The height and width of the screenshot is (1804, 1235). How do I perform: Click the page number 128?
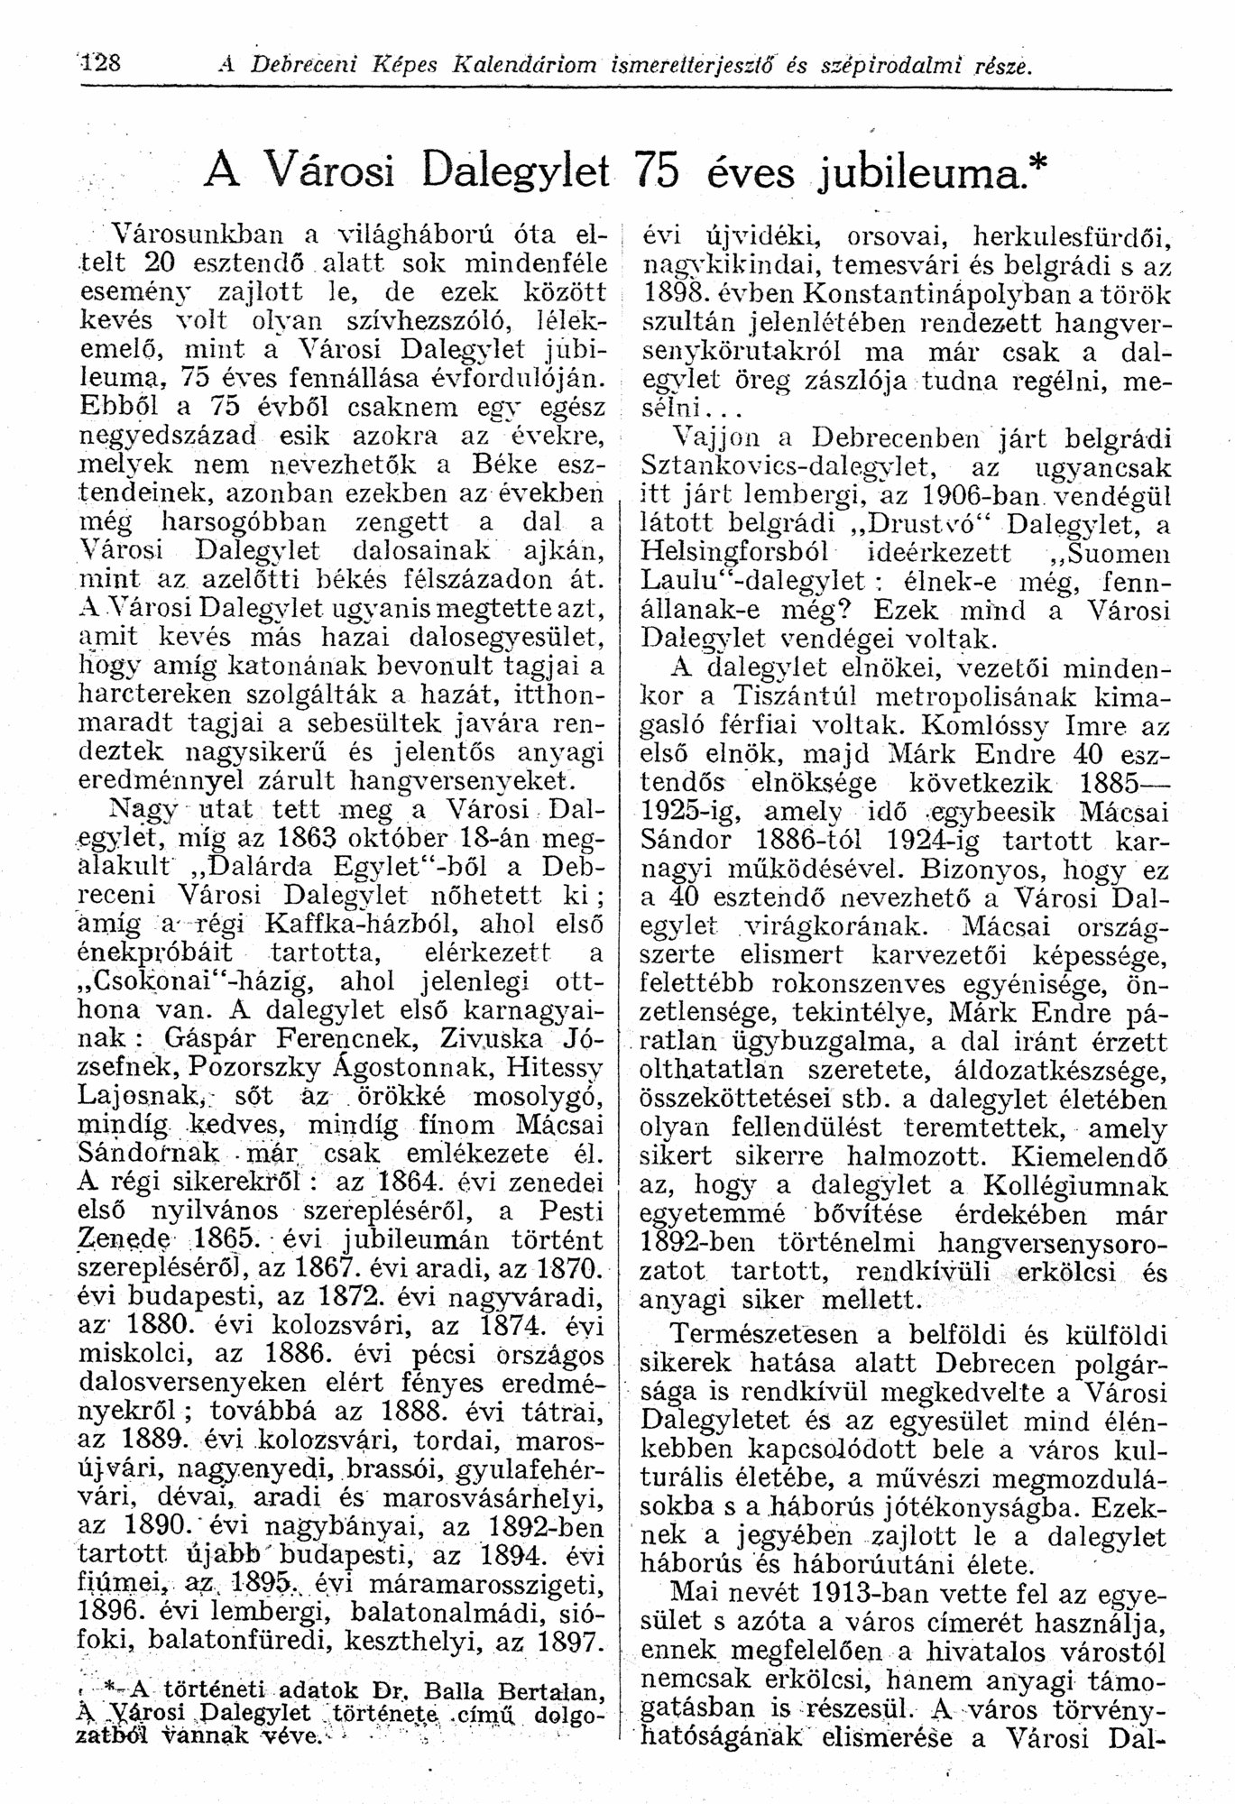(106, 64)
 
